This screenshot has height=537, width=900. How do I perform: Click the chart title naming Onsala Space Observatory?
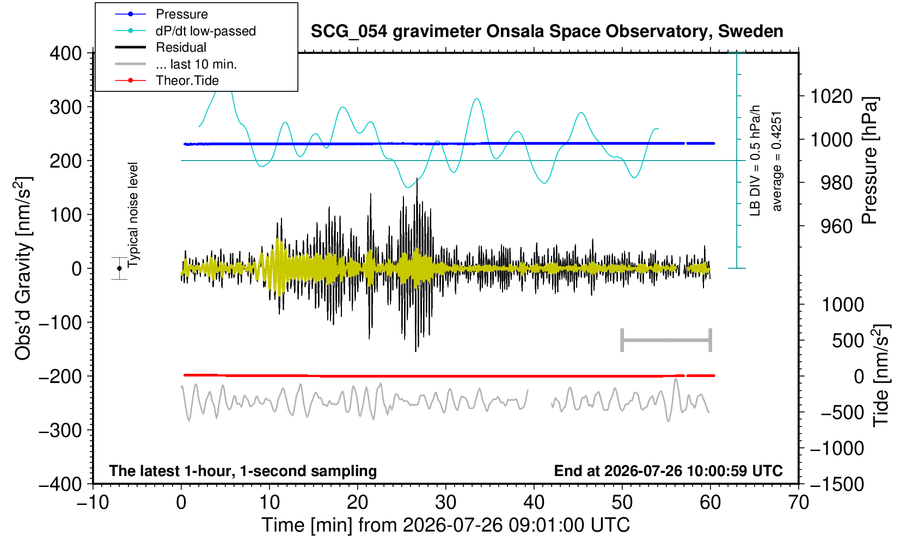pos(547,32)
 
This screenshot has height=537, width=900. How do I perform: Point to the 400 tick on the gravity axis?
pos(66,53)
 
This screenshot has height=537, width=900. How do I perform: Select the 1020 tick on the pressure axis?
pos(831,96)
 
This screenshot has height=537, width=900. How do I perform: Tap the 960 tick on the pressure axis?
pos(836,226)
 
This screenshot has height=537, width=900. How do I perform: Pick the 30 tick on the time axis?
pos(445,503)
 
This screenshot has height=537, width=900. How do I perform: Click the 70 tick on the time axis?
pos(798,503)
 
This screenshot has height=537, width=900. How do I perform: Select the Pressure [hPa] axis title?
pos(870,161)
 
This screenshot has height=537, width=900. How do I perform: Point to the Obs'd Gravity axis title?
pos(22,268)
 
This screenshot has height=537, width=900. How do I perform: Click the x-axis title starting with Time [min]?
pos(445,525)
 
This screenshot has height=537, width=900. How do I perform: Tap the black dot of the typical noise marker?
pos(119,268)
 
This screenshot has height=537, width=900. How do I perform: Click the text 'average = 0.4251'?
pos(776,162)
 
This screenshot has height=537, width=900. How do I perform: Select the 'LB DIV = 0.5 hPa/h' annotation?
pos(755,161)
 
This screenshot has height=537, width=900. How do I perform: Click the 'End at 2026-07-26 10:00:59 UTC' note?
pos(668,471)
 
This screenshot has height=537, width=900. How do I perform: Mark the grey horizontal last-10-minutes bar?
pos(666,340)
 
